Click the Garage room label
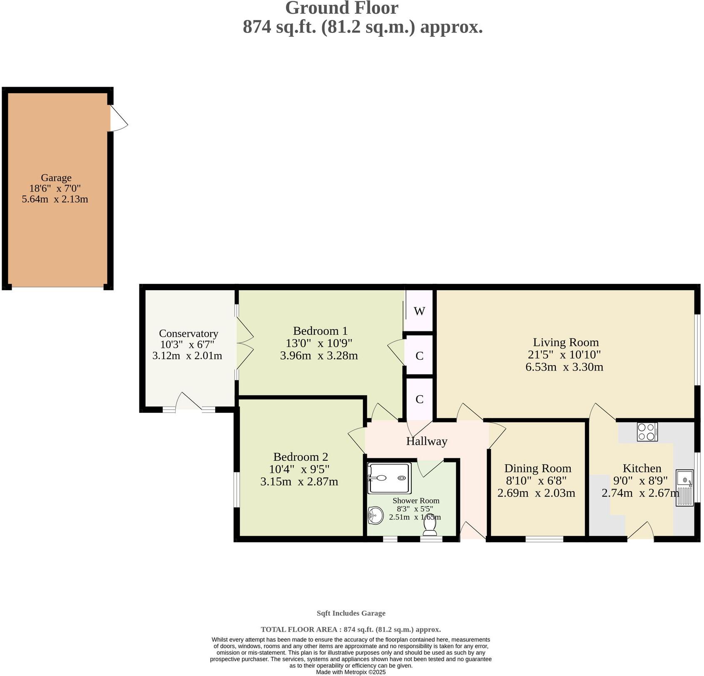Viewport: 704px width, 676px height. [x=56, y=178]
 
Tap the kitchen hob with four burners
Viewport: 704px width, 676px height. [x=647, y=432]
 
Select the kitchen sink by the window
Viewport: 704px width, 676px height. [x=684, y=487]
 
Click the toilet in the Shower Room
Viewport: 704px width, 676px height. [x=430, y=528]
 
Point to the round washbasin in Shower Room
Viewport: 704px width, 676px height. [x=376, y=516]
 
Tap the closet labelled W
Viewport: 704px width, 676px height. [x=419, y=311]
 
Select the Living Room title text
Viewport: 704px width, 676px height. [x=566, y=342]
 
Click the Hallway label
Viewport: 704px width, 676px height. [x=426, y=441]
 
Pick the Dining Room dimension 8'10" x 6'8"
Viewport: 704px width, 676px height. [x=536, y=481]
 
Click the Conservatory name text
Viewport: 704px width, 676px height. [x=188, y=333]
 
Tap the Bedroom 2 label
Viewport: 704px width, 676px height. [x=301, y=457]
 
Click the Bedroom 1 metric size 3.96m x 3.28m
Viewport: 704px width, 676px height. [x=319, y=355]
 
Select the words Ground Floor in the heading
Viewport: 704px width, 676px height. [x=341, y=8]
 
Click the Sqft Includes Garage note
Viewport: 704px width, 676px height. [x=351, y=613]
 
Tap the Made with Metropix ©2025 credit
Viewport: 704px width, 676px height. [x=351, y=672]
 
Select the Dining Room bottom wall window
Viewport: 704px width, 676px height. [x=544, y=539]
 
